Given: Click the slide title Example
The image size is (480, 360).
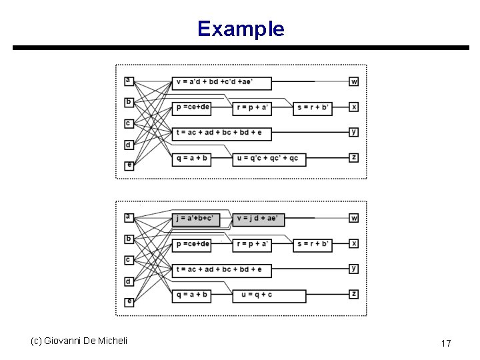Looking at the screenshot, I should click(x=241, y=29).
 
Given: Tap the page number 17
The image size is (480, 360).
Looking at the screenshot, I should click(x=446, y=343).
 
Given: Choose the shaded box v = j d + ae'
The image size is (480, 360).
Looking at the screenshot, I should click(x=259, y=219).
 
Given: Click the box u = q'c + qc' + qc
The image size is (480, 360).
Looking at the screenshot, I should click(x=269, y=159).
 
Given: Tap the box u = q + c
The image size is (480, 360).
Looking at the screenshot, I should click(x=269, y=295).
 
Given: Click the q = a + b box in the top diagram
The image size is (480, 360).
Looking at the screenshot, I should click(x=192, y=159).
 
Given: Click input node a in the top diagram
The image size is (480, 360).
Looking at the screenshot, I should click(x=129, y=81).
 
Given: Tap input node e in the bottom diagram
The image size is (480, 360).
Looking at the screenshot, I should click(x=129, y=302).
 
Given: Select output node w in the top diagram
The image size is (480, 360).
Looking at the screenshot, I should click(x=354, y=81).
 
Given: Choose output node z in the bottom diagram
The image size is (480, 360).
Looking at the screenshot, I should click(x=354, y=294).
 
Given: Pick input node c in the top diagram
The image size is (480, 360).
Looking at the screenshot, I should click(x=129, y=123).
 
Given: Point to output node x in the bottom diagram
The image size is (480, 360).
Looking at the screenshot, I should click(x=354, y=244).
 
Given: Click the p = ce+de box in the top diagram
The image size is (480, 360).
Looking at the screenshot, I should click(x=193, y=107).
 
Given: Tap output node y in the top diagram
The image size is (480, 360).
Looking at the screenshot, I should click(x=354, y=132).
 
